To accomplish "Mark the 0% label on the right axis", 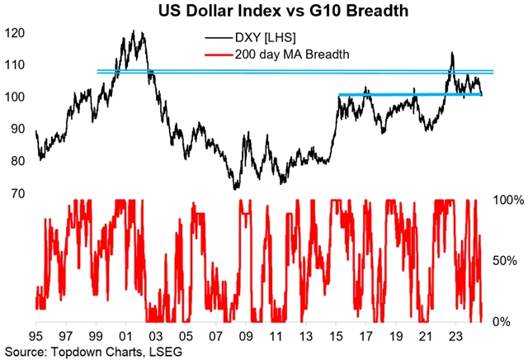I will click(507, 322).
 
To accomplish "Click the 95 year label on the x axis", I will click(36, 337).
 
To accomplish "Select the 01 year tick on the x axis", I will click(126, 337).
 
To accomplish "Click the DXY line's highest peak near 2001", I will click(134, 32).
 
